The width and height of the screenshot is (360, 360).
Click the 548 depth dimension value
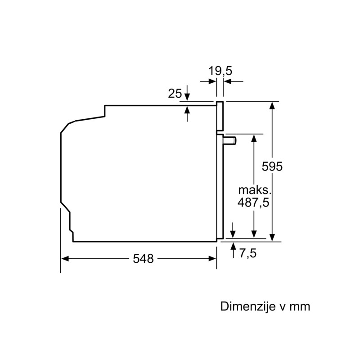143,259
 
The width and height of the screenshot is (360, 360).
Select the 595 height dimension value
272,166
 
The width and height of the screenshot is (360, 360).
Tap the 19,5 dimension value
220,71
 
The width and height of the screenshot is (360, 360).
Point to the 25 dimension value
175,94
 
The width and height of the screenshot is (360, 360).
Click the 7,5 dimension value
248,253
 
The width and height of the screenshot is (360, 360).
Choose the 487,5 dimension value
253,202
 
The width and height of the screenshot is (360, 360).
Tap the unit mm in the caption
300,307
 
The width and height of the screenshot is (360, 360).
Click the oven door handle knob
230,140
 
